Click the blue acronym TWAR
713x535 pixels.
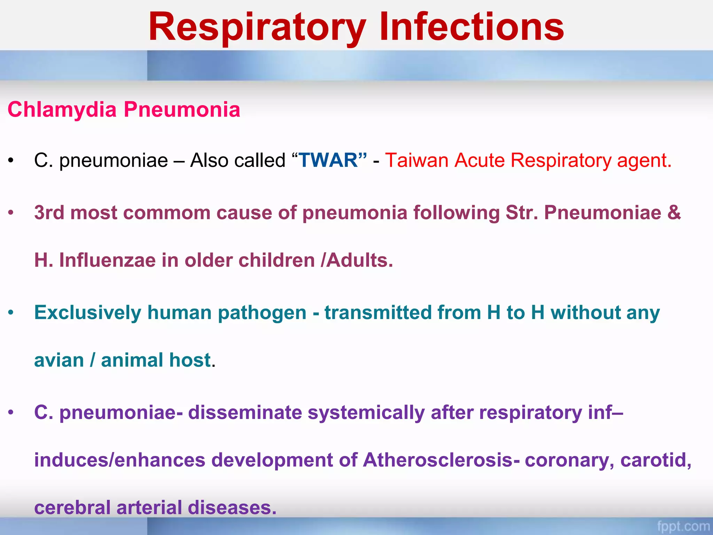(328, 161)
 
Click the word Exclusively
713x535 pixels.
(87, 312)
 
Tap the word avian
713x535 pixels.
(59, 360)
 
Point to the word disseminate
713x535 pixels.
(245, 412)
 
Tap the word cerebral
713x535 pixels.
(72, 507)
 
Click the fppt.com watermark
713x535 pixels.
(683, 526)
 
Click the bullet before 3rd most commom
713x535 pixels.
(11, 212)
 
